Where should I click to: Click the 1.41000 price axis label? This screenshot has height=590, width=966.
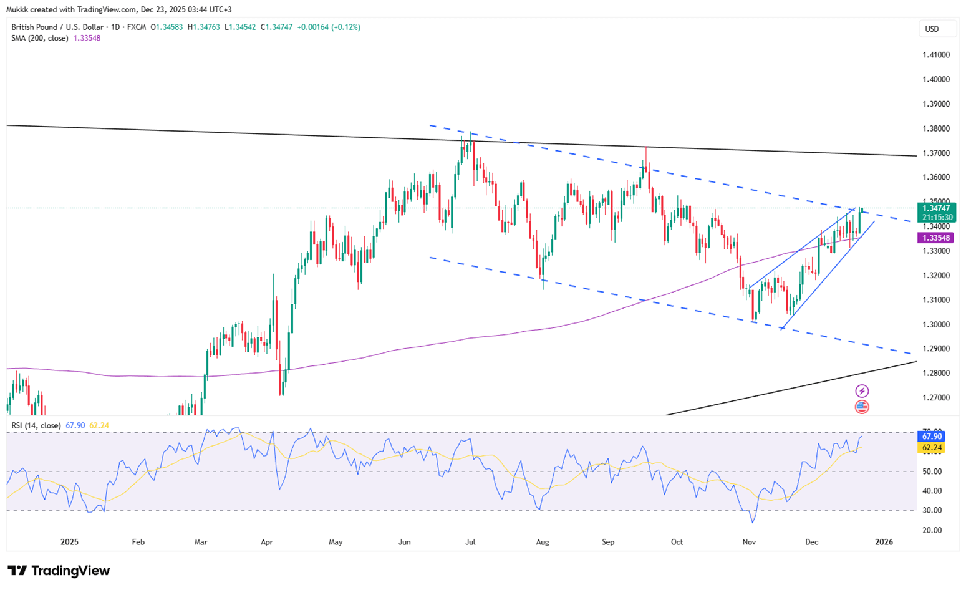(x=935, y=55)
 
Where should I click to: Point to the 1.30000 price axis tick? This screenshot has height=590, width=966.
(x=935, y=324)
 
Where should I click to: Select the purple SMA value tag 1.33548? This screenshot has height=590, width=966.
(x=935, y=238)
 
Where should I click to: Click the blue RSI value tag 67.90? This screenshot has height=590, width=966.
(x=931, y=437)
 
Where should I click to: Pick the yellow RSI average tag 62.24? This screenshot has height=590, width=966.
(x=931, y=448)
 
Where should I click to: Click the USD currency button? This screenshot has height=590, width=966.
(x=932, y=29)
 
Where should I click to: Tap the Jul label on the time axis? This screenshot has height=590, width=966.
(x=470, y=542)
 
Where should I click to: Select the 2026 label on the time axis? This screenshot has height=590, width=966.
(x=884, y=542)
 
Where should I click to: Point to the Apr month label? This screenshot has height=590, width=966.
(x=267, y=542)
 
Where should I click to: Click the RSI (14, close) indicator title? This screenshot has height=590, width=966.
(x=36, y=425)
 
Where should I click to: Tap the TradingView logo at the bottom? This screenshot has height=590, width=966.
(x=59, y=571)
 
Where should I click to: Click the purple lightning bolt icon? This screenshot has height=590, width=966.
(x=861, y=391)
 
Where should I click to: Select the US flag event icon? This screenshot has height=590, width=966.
(x=861, y=407)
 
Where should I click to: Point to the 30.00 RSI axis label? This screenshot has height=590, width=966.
(x=932, y=510)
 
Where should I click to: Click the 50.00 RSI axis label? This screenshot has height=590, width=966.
(x=932, y=472)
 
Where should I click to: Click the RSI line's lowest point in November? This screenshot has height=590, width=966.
(x=753, y=523)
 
